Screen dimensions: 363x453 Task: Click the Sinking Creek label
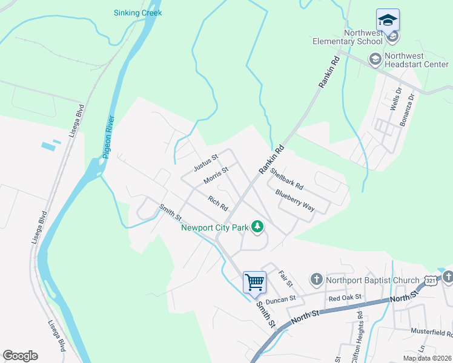(138, 13)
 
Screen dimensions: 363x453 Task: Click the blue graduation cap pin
(388, 21)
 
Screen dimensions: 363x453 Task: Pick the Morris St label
(216, 175)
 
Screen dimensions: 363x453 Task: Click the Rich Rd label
(217, 203)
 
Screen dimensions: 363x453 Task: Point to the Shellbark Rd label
(286, 178)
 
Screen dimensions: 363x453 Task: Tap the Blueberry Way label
(295, 201)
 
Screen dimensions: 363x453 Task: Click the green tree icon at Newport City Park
(257, 227)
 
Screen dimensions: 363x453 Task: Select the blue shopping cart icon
(255, 281)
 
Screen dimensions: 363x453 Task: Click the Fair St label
(284, 280)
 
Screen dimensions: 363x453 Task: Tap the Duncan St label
(280, 299)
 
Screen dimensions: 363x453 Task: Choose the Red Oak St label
(345, 297)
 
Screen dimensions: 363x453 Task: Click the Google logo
(21, 356)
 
